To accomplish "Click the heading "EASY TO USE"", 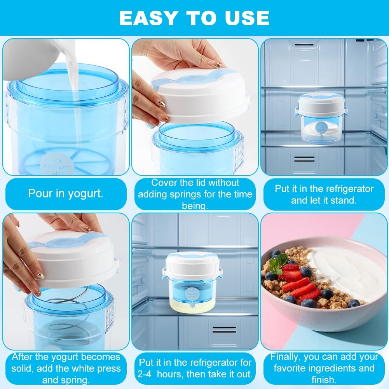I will click(194, 17).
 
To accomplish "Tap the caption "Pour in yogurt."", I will click(66, 194).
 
